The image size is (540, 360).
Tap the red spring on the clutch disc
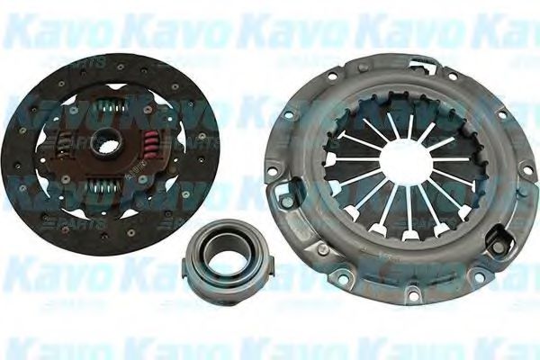(x=150, y=140)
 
